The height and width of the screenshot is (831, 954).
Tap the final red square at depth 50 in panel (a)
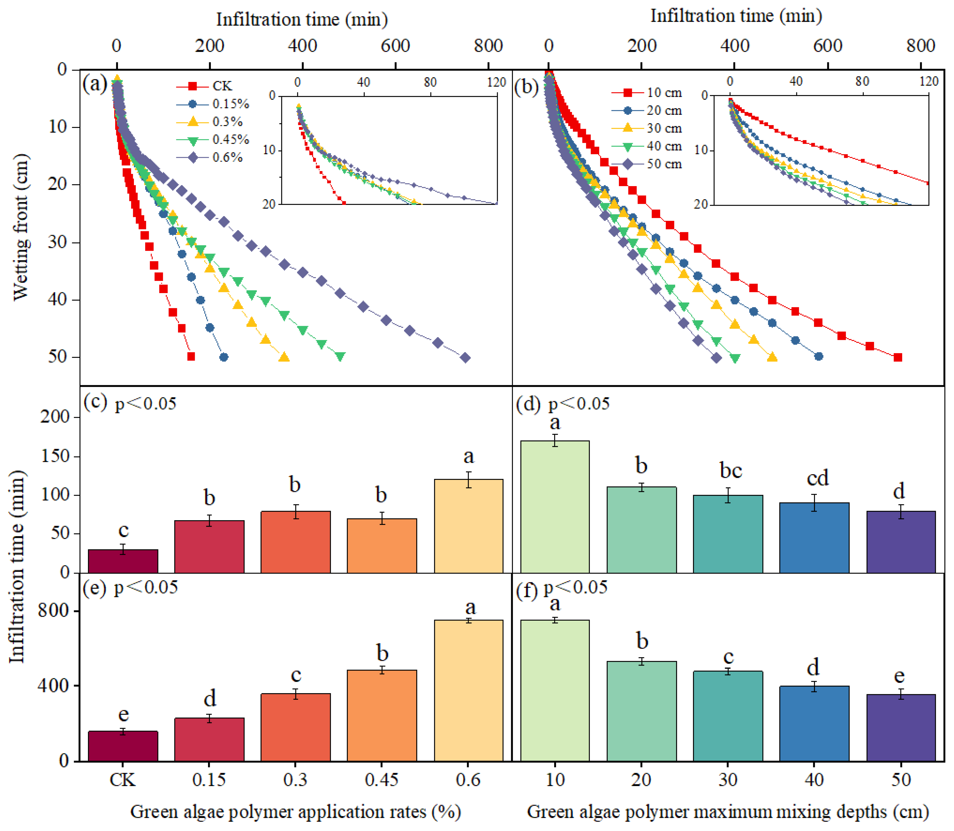tap(190, 356)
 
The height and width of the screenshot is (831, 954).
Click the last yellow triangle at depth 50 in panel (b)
tap(772, 356)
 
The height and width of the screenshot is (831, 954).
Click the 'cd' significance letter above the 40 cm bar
tap(817, 478)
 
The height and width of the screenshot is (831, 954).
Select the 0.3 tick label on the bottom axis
tap(295, 779)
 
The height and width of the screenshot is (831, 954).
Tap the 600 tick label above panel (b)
tap(828, 45)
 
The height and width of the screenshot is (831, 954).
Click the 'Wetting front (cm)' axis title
tap(21, 227)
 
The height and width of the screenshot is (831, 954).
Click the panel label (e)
tap(95, 588)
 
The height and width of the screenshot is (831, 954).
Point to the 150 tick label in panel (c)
tap(55, 456)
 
